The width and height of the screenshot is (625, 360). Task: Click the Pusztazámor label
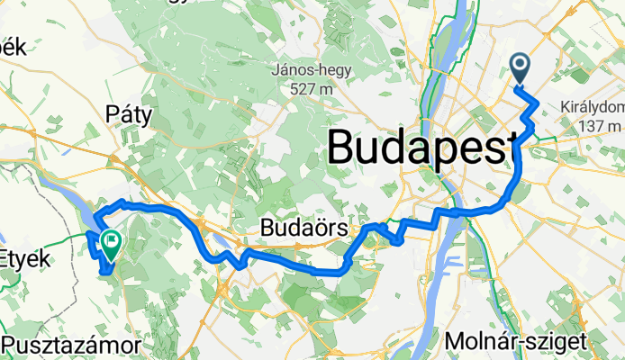pos(71,345)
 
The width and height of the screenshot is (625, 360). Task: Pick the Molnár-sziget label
pos(516,340)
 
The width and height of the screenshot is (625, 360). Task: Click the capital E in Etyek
pos(8,259)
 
